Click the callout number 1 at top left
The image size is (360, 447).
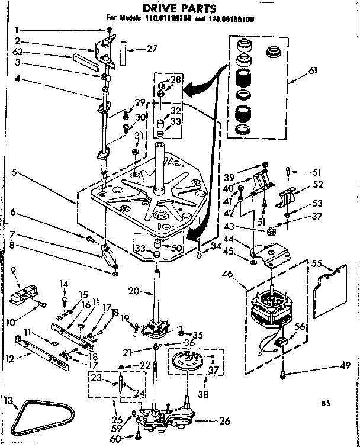[17, 30]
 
